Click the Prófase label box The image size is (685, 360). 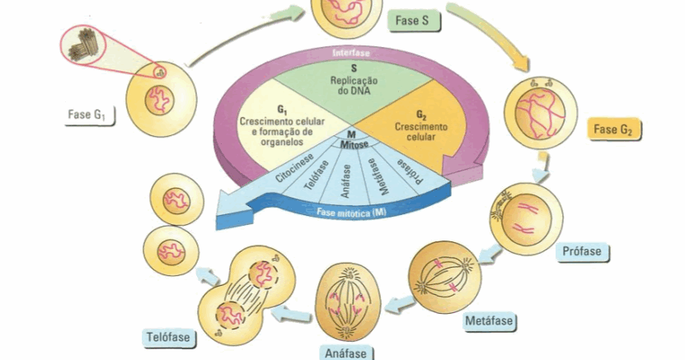coord(582,251)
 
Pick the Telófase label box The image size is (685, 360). coord(167,336)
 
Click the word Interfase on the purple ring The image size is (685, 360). coord(352,53)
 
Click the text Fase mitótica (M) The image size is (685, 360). coord(352,213)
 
